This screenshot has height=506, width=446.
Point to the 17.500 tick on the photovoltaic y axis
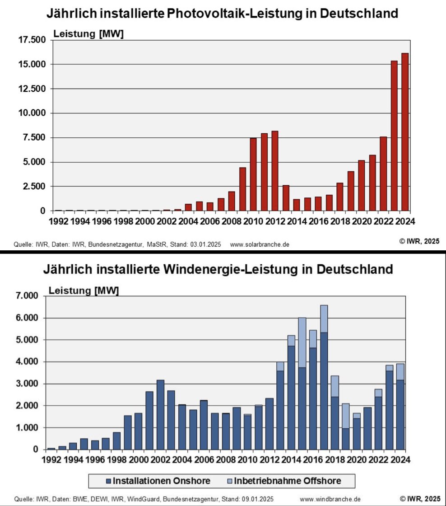(33, 40)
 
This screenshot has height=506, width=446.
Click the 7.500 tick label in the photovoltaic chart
(35, 138)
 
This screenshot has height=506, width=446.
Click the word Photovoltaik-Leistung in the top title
(244, 14)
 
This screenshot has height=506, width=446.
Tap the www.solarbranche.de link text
(260, 244)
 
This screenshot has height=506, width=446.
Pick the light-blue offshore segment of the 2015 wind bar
(302, 342)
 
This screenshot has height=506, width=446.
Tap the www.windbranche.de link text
(330, 499)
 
